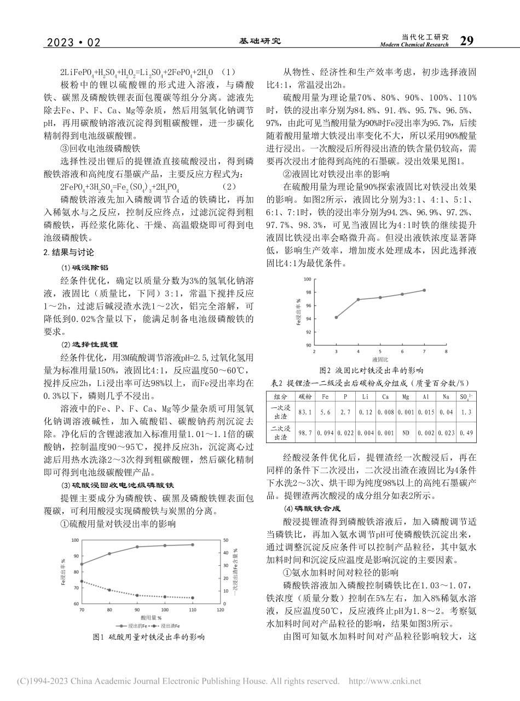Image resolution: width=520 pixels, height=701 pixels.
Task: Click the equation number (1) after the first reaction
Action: click(x=217, y=72)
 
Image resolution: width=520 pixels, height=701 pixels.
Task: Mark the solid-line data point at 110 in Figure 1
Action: click(x=192, y=544)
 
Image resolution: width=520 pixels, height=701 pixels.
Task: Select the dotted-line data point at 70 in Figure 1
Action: click(x=82, y=581)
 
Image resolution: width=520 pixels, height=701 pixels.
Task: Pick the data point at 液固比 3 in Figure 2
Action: click(x=336, y=317)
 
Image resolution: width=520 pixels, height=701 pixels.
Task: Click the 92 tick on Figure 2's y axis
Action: click(x=309, y=332)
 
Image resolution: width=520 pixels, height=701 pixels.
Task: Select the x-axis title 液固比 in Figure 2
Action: click(x=379, y=359)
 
